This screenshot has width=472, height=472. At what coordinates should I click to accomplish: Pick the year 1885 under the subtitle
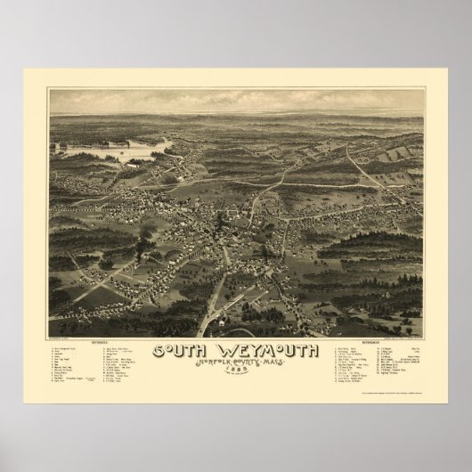click(x=236, y=372)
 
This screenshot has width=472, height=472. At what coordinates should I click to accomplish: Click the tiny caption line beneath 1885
click(x=236, y=378)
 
